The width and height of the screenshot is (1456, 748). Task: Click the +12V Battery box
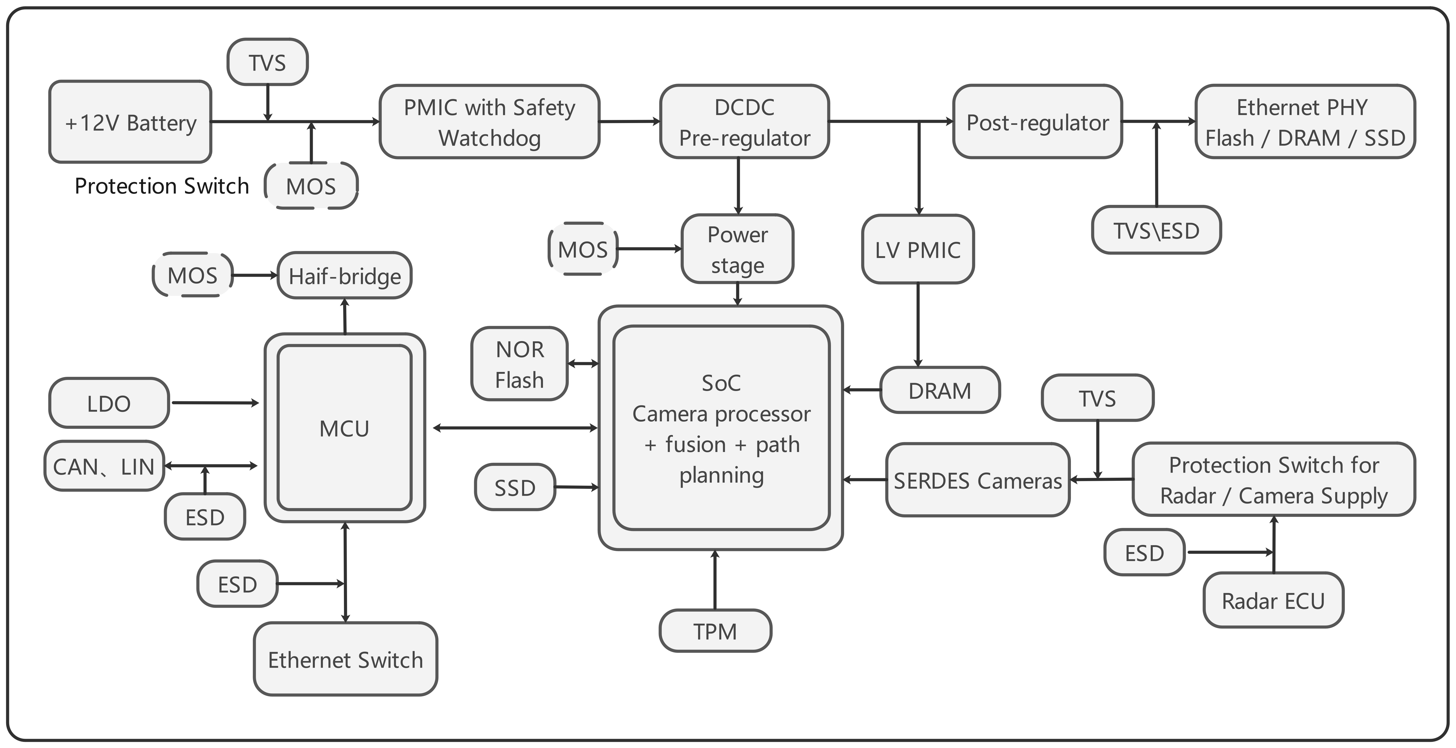pos(130,122)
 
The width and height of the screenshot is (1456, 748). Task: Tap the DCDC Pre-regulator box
pos(744,122)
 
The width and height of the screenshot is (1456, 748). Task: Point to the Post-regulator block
pos(1037,122)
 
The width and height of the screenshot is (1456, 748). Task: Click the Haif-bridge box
pos(345,276)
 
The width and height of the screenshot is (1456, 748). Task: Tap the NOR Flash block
pos(519,364)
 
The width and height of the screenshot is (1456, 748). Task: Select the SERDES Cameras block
pos(977,480)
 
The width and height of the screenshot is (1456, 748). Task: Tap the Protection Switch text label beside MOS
pos(162,186)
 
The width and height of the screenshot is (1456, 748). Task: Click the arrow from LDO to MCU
pos(215,403)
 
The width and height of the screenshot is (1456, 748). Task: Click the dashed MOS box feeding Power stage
pos(583,249)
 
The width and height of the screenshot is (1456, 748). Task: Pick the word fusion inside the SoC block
pos(695,445)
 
